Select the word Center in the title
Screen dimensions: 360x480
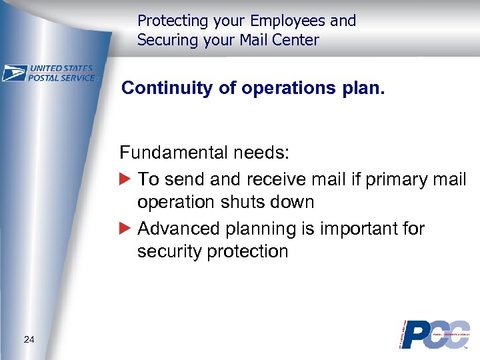pos(296,40)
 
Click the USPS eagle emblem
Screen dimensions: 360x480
pos(15,73)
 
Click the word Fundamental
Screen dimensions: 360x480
pos(174,153)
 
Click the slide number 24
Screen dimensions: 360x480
pos(29,340)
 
